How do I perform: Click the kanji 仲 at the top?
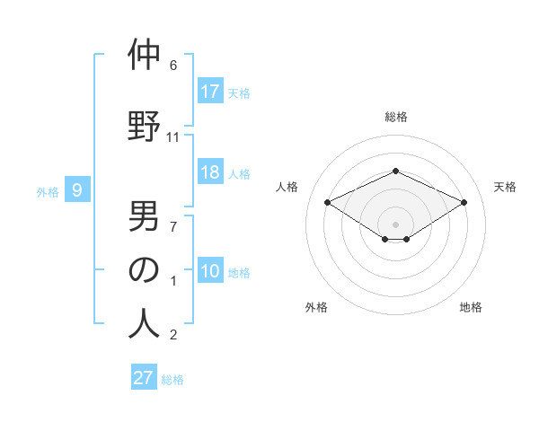click(144, 55)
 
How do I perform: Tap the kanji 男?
click(144, 215)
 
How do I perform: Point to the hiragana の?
click(144, 270)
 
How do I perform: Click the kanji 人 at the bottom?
click(144, 324)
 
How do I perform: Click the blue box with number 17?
click(210, 92)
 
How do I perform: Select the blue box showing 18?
click(210, 172)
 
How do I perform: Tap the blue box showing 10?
click(210, 271)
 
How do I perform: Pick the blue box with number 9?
click(77, 189)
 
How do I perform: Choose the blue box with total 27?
click(144, 378)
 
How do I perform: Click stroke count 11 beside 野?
click(173, 137)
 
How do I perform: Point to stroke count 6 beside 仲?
click(173, 66)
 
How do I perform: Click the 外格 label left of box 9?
click(47, 191)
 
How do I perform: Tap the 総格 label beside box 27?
click(172, 380)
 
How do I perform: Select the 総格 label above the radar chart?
click(395, 117)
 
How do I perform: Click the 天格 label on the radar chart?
click(505, 187)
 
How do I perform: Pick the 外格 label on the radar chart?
click(316, 307)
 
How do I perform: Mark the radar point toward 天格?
click(464, 202)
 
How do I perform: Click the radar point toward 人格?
click(327, 202)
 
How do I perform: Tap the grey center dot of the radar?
click(395, 223)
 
